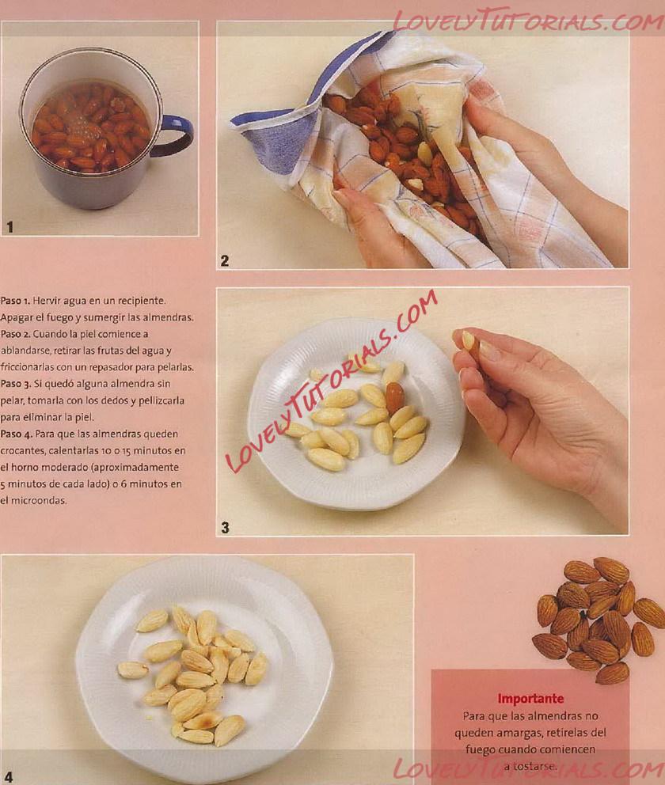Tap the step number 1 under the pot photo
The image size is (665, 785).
(x=10, y=227)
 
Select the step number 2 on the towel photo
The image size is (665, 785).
(x=225, y=260)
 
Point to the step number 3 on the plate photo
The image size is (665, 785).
(x=226, y=528)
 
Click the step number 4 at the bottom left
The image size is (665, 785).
(x=9, y=776)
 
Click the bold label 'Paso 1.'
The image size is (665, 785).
(x=15, y=301)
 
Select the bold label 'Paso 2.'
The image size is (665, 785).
(x=16, y=334)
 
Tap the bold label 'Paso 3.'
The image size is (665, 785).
(x=16, y=384)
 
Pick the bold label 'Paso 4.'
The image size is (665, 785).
(x=16, y=434)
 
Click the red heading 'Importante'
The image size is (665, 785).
(x=530, y=699)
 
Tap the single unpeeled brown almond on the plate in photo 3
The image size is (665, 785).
(x=395, y=397)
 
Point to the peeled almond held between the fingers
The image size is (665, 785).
(x=468, y=340)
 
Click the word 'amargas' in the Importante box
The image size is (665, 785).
(x=520, y=733)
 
